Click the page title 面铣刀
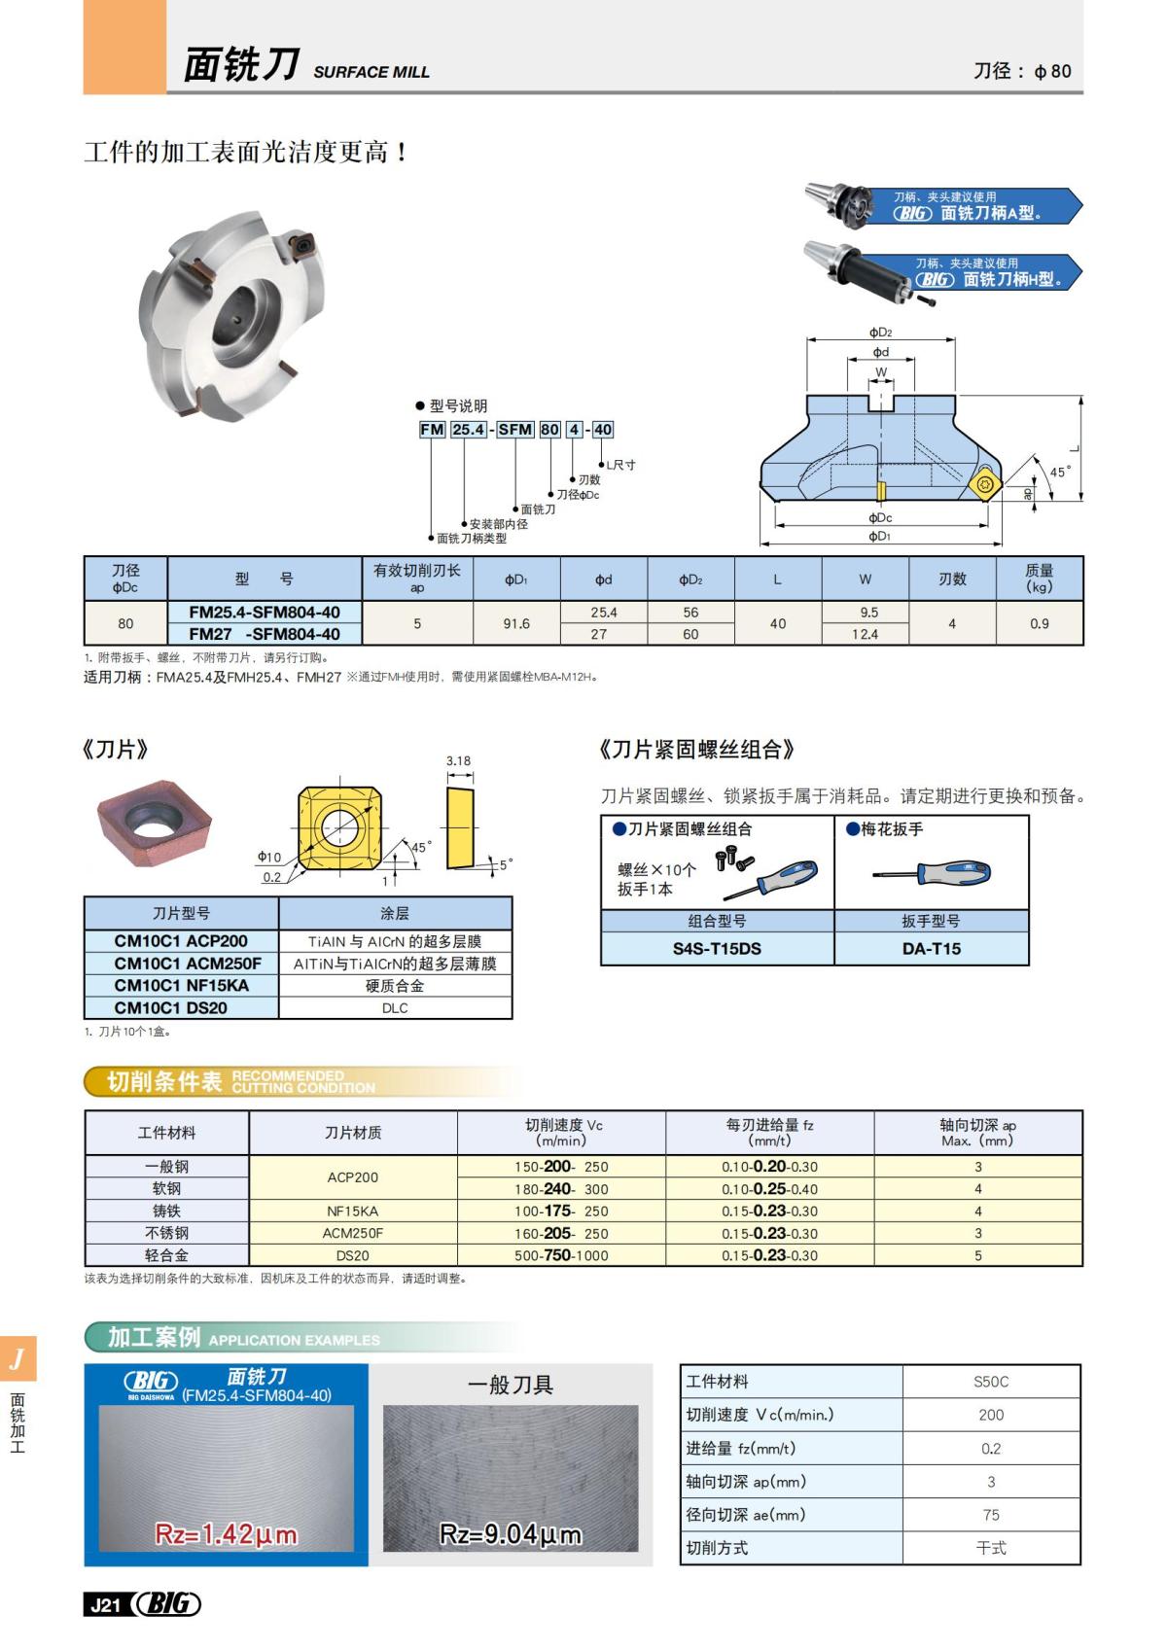(241, 66)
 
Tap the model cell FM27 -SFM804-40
(264, 634)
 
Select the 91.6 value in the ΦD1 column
(516, 623)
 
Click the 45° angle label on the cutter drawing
(1059, 472)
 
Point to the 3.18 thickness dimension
(459, 761)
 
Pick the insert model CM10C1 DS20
(171, 1008)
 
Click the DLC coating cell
(395, 1008)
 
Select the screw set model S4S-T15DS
(717, 948)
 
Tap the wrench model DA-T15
(931, 948)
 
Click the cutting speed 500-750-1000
(561, 1255)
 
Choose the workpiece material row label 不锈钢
(166, 1233)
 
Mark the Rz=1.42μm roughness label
(227, 1534)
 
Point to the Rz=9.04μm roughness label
(511, 1534)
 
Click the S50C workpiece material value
(991, 1382)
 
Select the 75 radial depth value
(991, 1515)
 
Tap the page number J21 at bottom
(105, 1605)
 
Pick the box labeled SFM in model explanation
(515, 430)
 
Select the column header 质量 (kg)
(1039, 579)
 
